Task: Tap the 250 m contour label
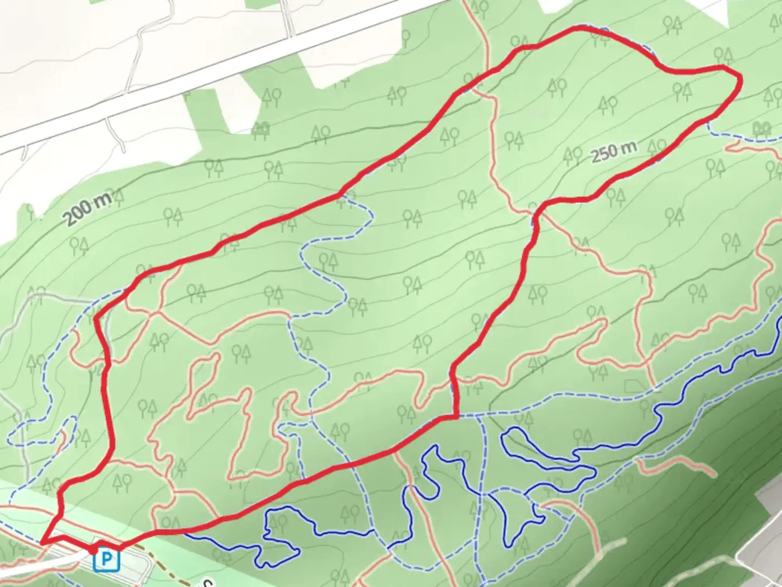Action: [x=613, y=152]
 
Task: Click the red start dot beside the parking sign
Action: [x=93, y=550]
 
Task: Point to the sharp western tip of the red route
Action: [x=42, y=542]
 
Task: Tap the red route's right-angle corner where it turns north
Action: [x=455, y=417]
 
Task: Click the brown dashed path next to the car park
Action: [x=163, y=549]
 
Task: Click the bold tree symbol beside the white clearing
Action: [x=262, y=128]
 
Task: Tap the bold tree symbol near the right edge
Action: [x=763, y=129]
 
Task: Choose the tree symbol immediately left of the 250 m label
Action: [x=572, y=157]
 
